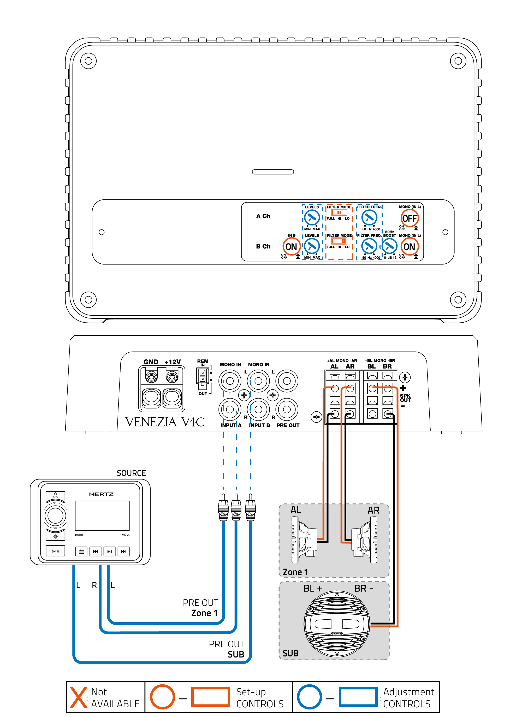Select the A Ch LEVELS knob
(312, 217)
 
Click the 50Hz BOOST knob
(389, 246)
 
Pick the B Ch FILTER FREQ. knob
(369, 246)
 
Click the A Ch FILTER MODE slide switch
(339, 212)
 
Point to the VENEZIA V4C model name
(165, 422)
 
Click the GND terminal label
(151, 362)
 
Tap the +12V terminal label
(172, 362)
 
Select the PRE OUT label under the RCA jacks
(288, 425)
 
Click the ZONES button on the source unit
(55, 551)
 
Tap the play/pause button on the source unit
(109, 551)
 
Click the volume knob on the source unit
(55, 515)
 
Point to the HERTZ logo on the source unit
(101, 494)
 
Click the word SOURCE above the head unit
(131, 473)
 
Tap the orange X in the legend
(78, 697)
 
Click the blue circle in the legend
(309, 697)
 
